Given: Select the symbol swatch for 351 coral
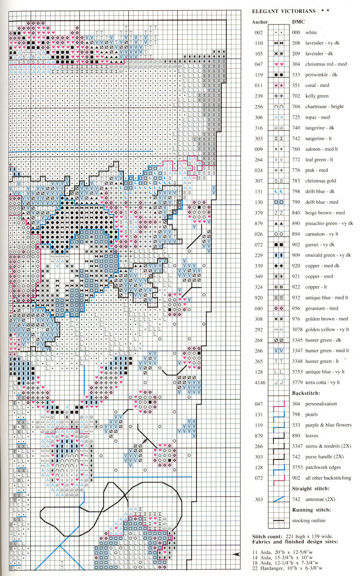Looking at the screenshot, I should click(278, 86).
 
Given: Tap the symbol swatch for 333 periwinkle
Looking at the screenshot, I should click(278, 75).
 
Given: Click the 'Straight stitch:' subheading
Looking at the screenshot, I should click(311, 489).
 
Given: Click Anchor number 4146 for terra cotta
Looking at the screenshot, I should click(259, 383).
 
